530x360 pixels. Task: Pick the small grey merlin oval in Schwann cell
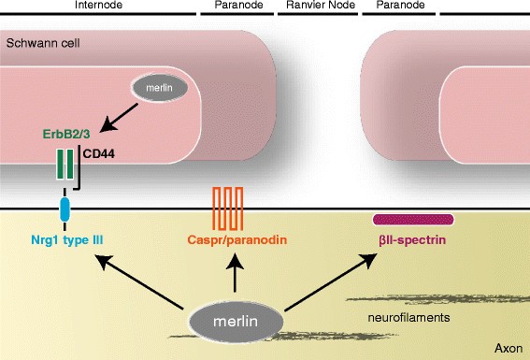[x=156, y=90]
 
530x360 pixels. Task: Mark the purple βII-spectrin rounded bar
[x=413, y=220]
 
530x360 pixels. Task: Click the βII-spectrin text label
[x=413, y=240]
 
